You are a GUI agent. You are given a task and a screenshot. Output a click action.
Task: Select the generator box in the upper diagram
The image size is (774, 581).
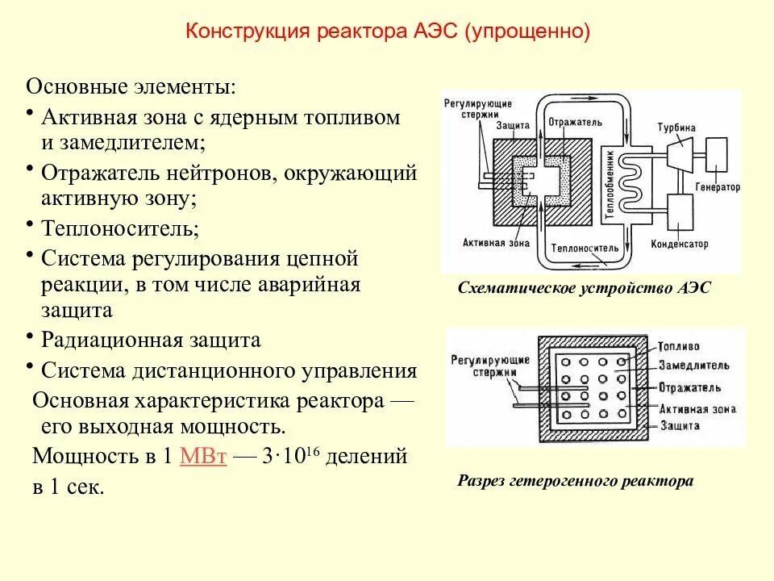click(x=717, y=151)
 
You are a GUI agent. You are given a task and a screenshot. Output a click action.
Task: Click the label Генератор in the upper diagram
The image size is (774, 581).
click(x=716, y=186)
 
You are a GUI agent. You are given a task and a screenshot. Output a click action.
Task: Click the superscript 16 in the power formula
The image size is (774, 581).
click(x=314, y=449)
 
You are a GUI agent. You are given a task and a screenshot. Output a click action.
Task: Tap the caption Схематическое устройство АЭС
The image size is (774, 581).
click(x=585, y=288)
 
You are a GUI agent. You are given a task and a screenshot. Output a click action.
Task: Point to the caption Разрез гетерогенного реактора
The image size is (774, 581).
click(x=576, y=481)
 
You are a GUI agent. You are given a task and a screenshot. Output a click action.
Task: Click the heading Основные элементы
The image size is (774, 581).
click(x=131, y=86)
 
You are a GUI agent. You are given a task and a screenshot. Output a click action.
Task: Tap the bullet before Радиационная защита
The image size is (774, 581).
click(x=30, y=335)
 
